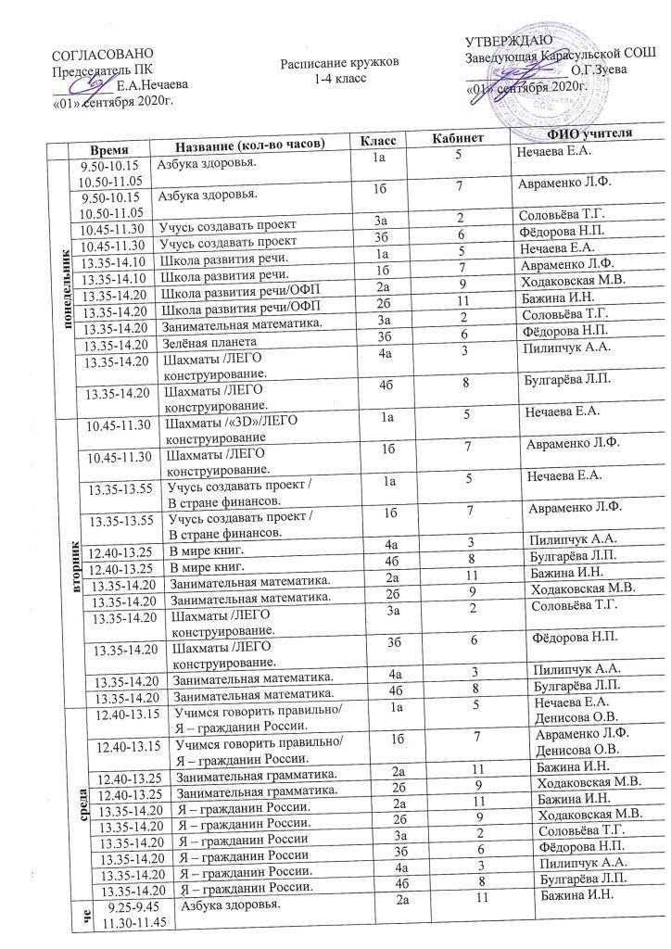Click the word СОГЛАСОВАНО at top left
102,57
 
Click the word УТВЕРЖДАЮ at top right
509,41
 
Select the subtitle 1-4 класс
342,77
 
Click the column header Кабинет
460,141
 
